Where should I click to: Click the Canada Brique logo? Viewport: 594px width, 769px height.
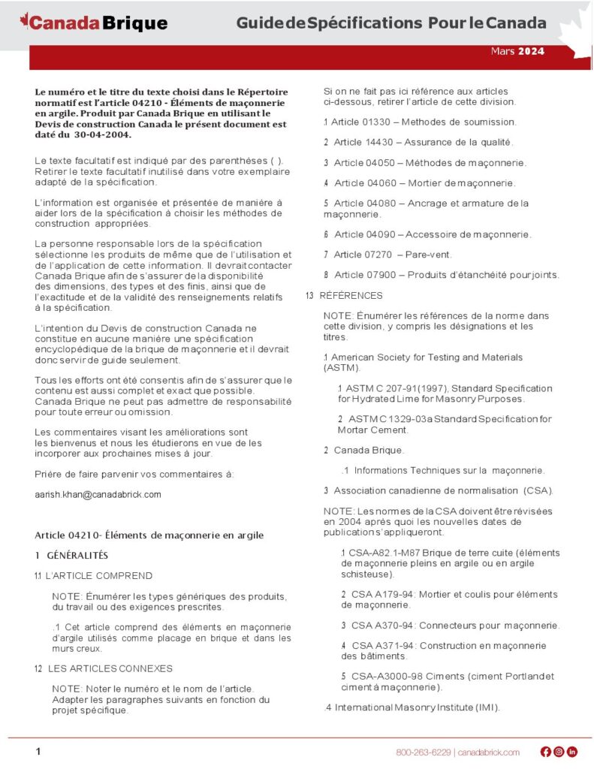pyautogui.click(x=94, y=23)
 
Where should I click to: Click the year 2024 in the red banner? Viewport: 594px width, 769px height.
pyautogui.click(x=531, y=52)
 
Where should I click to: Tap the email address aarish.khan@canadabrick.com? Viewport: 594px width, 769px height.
pyautogui.click(x=98, y=495)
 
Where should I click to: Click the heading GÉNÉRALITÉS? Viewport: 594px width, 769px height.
pyautogui.click(x=78, y=556)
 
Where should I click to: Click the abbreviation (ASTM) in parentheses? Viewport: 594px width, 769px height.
pyautogui.click(x=342, y=368)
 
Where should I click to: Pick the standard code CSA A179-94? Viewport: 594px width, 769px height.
pyautogui.click(x=379, y=594)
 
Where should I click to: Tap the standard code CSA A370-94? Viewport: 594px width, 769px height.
pyautogui.click(x=379, y=626)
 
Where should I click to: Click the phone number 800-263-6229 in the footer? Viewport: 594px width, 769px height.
pyautogui.click(x=424, y=752)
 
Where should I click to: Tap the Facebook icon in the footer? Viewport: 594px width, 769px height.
pyautogui.click(x=546, y=752)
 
